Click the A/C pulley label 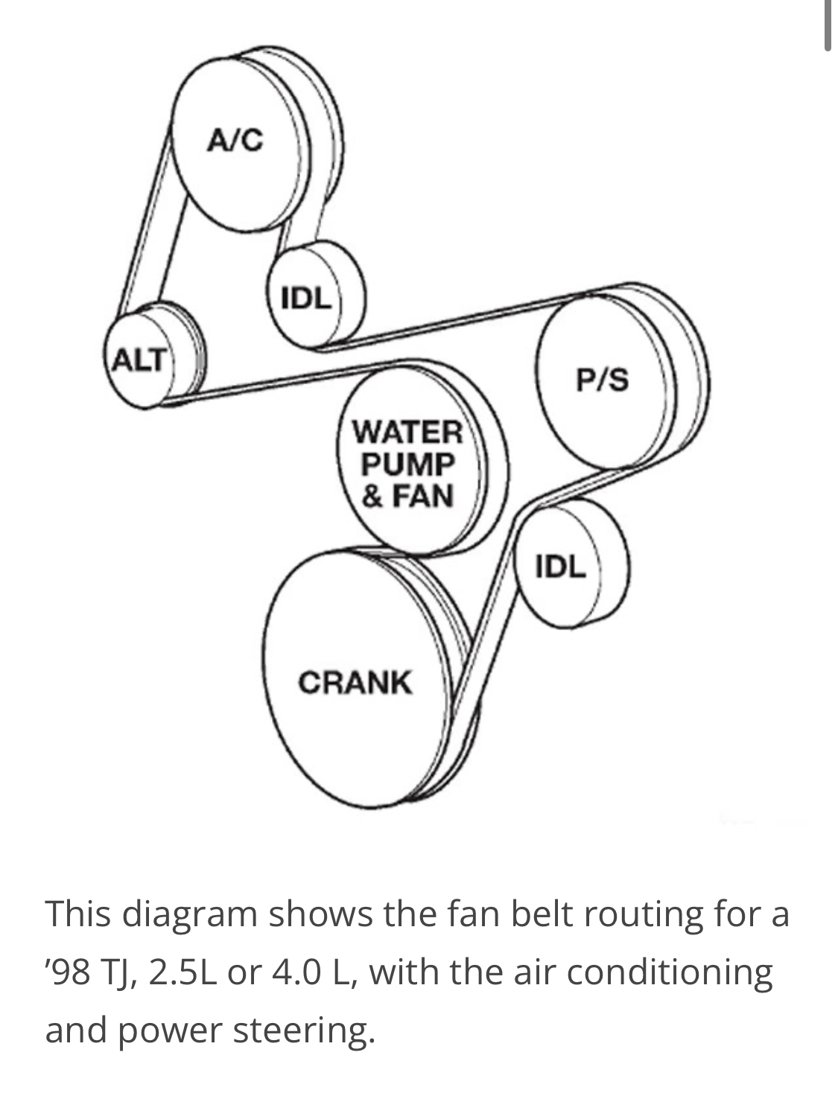(x=235, y=140)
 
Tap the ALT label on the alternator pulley (x=139, y=360)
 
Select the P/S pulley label (x=602, y=380)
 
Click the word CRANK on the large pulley (x=355, y=682)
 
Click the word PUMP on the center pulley (x=407, y=464)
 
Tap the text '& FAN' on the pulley (x=407, y=496)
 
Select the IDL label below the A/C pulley (x=306, y=299)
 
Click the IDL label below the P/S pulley (x=561, y=567)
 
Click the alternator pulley (x=153, y=356)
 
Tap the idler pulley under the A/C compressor (x=317, y=294)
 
